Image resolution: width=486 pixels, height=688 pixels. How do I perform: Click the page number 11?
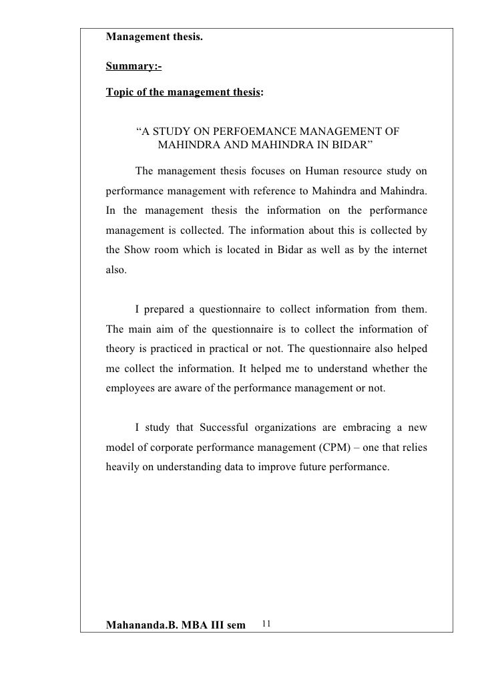[266, 624]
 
